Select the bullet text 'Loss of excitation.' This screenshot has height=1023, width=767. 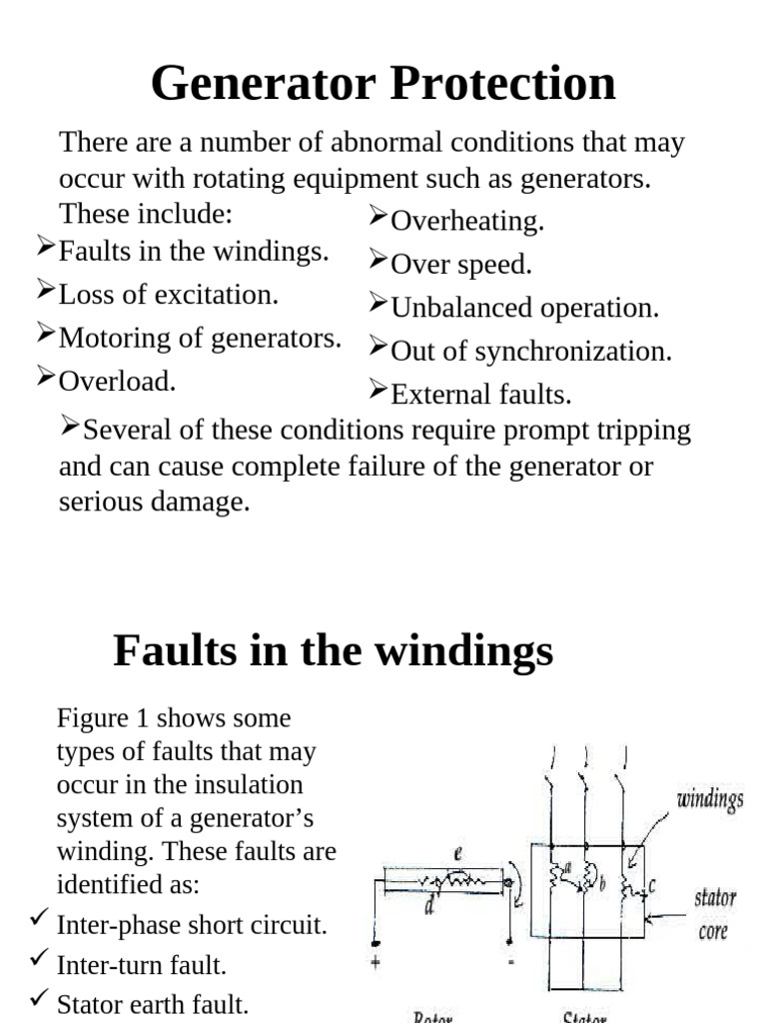[x=169, y=295]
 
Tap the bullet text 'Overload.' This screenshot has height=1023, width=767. [x=118, y=381]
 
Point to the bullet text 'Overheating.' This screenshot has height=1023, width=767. [x=467, y=222]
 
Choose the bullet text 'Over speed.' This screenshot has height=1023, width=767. [x=461, y=265]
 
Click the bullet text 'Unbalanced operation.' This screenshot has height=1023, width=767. [x=525, y=308]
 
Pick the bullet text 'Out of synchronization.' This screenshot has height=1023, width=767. [x=531, y=352]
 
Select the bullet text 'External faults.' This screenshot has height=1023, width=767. [x=481, y=395]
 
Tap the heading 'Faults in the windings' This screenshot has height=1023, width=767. [x=333, y=651]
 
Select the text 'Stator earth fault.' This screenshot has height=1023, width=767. [x=153, y=1003]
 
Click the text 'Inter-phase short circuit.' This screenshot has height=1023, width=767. [x=192, y=925]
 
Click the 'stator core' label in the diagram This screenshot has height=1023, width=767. [x=714, y=913]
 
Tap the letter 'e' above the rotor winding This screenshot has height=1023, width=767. [x=457, y=853]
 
